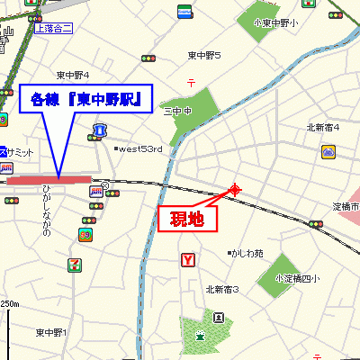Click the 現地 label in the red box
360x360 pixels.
tap(188, 219)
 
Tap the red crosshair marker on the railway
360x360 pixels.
tap(236, 189)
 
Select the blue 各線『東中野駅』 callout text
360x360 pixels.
tap(85, 98)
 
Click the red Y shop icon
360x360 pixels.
tap(188, 261)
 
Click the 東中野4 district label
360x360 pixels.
tap(73, 75)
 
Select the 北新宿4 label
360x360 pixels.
tap(322, 127)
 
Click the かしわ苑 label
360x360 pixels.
tap(247, 253)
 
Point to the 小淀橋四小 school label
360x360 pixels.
tap(297, 277)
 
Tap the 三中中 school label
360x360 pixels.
tap(178, 112)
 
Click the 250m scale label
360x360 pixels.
tap(9, 303)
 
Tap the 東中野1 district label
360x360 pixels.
tap(52, 333)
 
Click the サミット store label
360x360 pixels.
tap(22, 150)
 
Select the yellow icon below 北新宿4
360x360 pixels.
tap(328, 152)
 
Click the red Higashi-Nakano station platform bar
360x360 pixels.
tap(49, 180)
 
